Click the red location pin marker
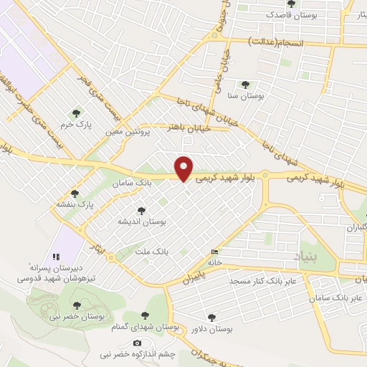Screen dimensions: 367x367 click(x=185, y=168)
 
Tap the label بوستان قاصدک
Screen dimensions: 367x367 click(x=287, y=14)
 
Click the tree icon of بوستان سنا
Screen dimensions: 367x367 click(x=247, y=84)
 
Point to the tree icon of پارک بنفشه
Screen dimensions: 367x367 click(x=75, y=194)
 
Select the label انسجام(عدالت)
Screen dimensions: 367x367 click(x=277, y=44)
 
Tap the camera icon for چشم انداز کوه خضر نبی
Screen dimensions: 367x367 click(x=138, y=344)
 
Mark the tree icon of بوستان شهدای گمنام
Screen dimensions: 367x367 click(x=145, y=315)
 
